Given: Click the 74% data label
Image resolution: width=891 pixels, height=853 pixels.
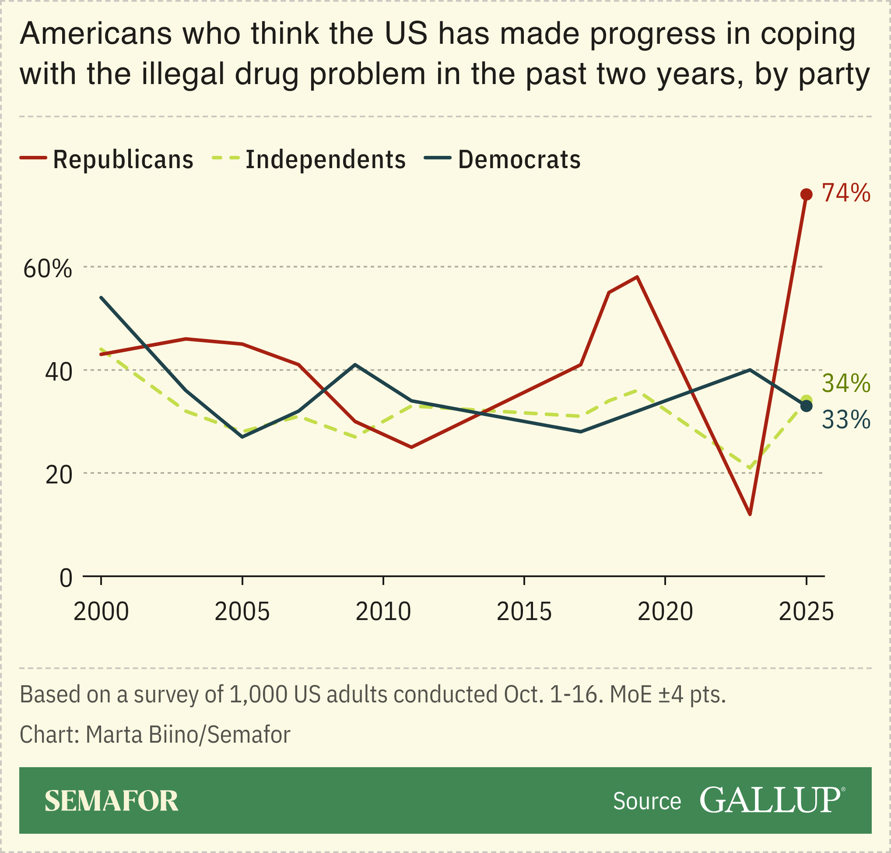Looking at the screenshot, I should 846,193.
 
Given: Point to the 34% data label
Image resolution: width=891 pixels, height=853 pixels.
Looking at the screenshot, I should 846,383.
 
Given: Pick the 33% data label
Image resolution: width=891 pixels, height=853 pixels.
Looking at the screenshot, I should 846,419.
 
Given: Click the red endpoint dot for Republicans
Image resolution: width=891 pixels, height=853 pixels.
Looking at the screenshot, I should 806,194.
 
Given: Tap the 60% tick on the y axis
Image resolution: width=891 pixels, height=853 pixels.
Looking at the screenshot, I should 48,269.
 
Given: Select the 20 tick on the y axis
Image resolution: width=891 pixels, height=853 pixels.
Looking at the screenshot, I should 59,475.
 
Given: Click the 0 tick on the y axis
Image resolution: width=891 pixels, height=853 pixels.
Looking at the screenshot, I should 66,578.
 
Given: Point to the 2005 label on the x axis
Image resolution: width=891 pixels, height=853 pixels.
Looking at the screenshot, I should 242,612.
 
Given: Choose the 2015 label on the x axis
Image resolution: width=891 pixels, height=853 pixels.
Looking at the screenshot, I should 524,612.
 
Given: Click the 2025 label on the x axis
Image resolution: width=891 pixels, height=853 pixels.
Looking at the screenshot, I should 806,612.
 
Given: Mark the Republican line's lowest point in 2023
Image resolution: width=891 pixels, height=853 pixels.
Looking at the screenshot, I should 750,514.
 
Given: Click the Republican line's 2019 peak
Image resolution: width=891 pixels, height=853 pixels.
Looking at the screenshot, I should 638,277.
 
